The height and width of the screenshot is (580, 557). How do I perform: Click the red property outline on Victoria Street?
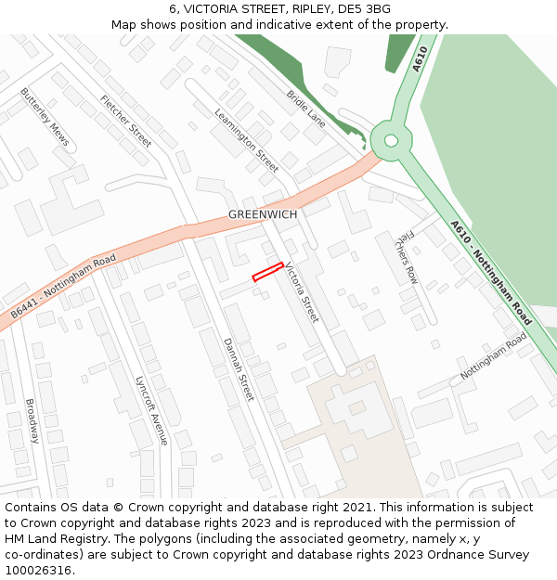click(x=267, y=271)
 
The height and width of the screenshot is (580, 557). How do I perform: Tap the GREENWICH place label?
click(x=263, y=214)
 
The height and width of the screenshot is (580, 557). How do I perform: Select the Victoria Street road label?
click(x=302, y=292)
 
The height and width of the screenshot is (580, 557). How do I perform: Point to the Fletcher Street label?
click(x=126, y=122)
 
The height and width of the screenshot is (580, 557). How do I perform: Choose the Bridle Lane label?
click(x=305, y=109)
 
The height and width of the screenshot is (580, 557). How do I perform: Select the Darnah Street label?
click(x=239, y=368)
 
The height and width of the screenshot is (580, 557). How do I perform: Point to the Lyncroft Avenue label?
click(x=151, y=409)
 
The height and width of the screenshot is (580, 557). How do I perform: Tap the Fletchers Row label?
click(x=407, y=257)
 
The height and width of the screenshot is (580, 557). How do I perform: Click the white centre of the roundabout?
click(x=391, y=141)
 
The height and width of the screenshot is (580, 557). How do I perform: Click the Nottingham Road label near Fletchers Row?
click(x=493, y=355)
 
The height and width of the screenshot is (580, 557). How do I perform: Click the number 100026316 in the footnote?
click(x=38, y=570)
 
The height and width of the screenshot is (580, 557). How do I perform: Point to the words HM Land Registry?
click(x=55, y=539)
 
